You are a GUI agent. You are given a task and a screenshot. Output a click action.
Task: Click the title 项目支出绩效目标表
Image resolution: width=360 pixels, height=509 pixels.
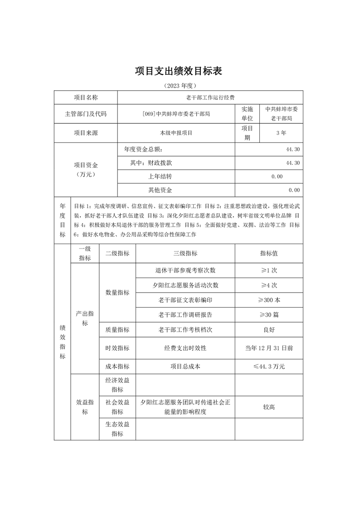180,71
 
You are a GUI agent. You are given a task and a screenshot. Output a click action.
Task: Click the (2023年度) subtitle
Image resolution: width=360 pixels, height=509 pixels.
180,85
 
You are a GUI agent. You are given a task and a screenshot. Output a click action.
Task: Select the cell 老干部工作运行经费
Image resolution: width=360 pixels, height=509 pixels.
210,98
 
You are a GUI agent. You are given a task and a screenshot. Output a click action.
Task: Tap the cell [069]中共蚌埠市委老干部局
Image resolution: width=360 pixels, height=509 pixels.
176,114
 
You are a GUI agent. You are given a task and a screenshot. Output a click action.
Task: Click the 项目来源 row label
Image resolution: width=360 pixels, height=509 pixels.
86,133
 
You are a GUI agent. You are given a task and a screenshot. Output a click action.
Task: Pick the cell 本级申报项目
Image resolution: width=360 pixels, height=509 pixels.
176,133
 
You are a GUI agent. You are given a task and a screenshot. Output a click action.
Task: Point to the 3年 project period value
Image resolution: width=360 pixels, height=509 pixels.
281,133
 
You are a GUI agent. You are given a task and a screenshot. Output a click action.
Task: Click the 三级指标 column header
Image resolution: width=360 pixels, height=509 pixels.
185,254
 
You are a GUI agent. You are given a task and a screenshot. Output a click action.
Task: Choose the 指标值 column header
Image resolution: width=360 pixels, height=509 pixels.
269,254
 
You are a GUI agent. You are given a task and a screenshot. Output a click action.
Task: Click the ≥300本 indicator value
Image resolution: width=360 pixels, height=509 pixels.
269,300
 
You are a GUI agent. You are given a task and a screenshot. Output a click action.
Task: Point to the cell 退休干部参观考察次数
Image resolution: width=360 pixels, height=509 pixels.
185,270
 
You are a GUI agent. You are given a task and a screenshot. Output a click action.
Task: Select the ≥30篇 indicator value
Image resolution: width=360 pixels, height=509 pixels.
269,314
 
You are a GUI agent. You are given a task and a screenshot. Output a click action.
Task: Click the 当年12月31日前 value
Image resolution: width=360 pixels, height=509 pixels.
269,348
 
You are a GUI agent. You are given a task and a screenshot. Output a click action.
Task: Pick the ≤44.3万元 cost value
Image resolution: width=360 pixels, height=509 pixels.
269,366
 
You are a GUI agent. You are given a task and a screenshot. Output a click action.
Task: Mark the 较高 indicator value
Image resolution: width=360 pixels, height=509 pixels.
269,407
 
